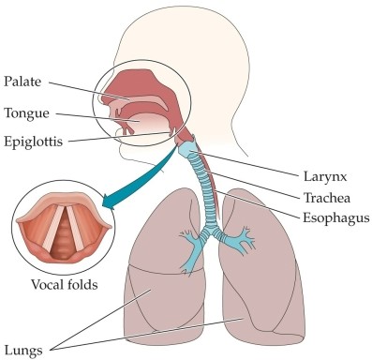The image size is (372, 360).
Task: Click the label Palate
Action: (x=22, y=82)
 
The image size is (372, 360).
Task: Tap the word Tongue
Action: (x=24, y=113)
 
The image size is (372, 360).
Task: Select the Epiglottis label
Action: (x=33, y=143)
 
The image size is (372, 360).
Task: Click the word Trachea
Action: (x=328, y=197)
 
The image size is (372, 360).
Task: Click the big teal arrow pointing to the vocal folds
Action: (x=141, y=178)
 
